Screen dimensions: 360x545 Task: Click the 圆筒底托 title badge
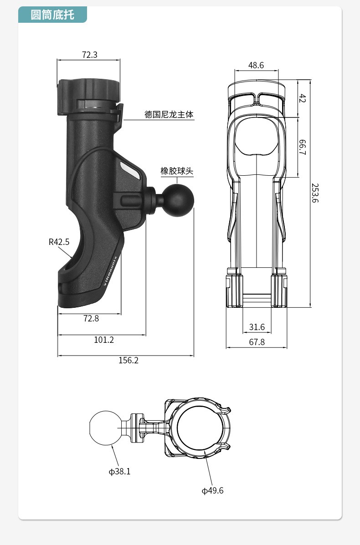[x=52, y=15]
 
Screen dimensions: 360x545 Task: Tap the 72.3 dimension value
[x=90, y=55]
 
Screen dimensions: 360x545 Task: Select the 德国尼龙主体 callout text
[x=169, y=114]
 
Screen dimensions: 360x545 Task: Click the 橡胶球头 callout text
[x=177, y=171]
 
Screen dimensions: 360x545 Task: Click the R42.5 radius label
[x=59, y=242]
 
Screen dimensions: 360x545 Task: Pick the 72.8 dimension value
[x=91, y=318]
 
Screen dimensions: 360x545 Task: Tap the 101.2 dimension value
[x=103, y=340]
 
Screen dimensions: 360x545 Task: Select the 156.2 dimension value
[x=129, y=360]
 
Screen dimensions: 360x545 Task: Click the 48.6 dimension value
[x=256, y=65]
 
